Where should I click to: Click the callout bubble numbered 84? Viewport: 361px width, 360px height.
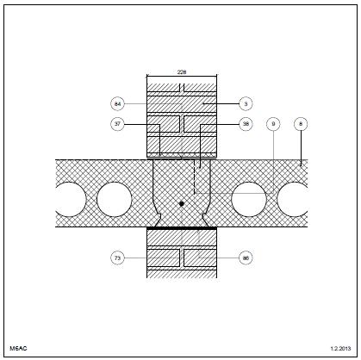pyautogui.click(x=117, y=103)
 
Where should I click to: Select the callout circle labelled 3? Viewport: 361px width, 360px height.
pyautogui.click(x=246, y=103)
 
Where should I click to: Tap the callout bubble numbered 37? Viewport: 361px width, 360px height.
pyautogui.click(x=117, y=124)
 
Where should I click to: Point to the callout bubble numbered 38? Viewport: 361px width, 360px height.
pyautogui.click(x=246, y=124)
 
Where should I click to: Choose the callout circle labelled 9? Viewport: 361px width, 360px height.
pyautogui.click(x=273, y=124)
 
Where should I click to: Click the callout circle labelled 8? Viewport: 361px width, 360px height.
pyautogui.click(x=301, y=124)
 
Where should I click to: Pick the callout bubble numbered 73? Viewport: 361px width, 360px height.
pyautogui.click(x=117, y=258)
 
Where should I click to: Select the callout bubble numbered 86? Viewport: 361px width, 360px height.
pyautogui.click(x=246, y=258)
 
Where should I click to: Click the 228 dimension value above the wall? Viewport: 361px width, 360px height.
pyautogui.click(x=182, y=72)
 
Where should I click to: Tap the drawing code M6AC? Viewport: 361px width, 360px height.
pyautogui.click(x=18, y=349)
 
